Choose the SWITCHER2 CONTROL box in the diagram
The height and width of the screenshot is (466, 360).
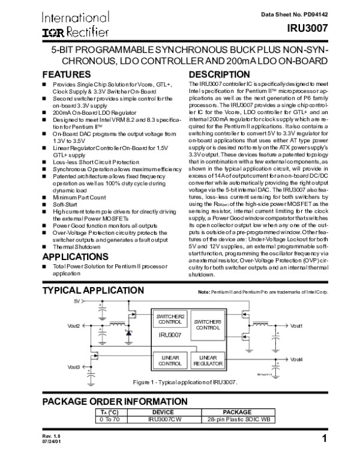click(x=171, y=319)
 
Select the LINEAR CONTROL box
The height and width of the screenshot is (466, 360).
click(x=170, y=360)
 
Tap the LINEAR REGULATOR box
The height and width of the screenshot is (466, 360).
click(x=209, y=360)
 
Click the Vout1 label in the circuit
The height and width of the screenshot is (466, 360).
click(x=296, y=326)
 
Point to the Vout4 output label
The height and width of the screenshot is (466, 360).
click(x=296, y=359)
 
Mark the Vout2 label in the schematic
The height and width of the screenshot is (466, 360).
click(x=74, y=326)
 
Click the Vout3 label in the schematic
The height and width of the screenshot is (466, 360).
click(x=74, y=366)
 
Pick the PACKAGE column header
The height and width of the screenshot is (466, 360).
click(x=237, y=413)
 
